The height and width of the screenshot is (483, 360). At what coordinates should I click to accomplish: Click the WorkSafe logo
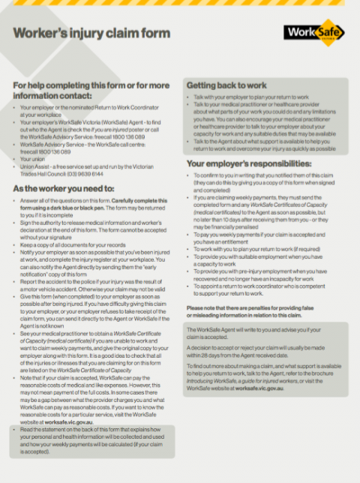click(313, 33)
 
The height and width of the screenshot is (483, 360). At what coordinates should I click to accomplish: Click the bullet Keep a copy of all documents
click(69, 244)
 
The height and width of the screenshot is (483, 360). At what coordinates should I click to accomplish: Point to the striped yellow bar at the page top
click(180, 3)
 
